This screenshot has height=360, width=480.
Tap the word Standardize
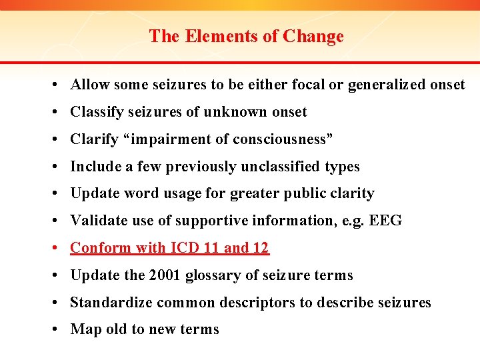111,303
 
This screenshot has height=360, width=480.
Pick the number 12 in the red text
261,248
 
